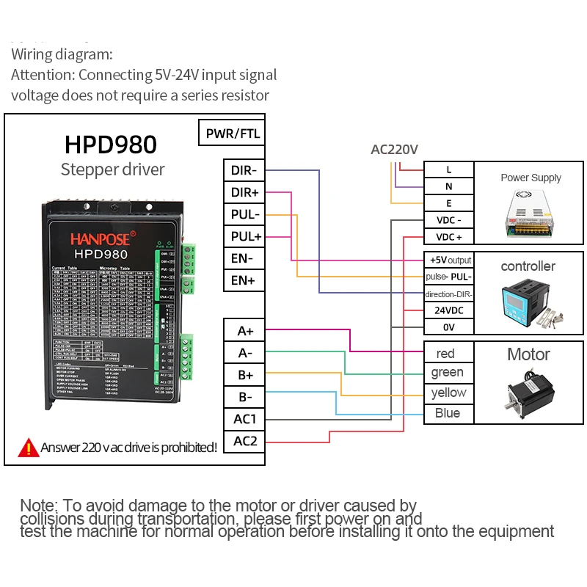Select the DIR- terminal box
click(x=244, y=170)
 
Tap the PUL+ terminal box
click(x=244, y=236)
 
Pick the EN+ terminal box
click(x=244, y=280)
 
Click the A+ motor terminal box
click(x=244, y=330)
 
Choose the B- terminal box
click(x=244, y=397)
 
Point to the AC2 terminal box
click(x=244, y=441)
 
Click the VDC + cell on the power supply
click(x=449, y=237)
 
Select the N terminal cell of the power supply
click(x=449, y=186)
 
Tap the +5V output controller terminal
click(x=449, y=260)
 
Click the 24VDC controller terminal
click(x=449, y=310)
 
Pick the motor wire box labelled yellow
click(x=449, y=393)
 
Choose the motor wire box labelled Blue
click(x=448, y=413)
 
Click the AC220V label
click(x=394, y=150)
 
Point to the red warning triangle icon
click(x=29, y=446)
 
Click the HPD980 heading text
click(x=111, y=144)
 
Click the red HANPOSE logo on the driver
click(x=100, y=238)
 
